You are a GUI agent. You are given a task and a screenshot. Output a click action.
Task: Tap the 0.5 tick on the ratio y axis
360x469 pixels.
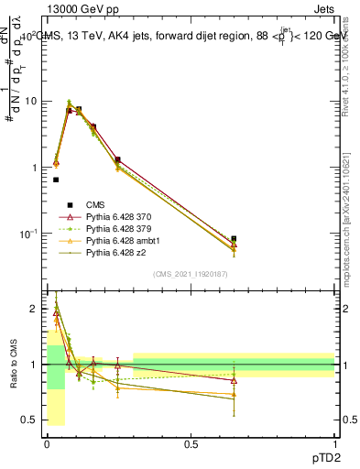(x=33, y=420)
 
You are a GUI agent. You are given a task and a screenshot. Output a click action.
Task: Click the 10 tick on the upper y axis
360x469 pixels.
(x=31, y=101)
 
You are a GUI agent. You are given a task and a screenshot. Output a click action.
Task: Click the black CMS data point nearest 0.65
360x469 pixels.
(x=234, y=238)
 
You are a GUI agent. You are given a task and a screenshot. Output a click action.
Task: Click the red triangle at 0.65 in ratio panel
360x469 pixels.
(x=234, y=380)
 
